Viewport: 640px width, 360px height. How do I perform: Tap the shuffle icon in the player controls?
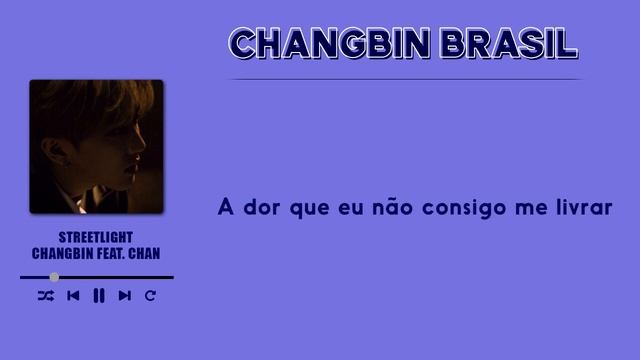46,295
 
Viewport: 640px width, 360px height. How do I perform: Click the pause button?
98,295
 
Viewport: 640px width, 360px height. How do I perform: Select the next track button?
124,295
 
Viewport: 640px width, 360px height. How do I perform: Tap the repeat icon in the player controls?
150,295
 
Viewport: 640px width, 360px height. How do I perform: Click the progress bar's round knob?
54,277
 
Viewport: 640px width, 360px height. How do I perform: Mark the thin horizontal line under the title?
405,79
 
